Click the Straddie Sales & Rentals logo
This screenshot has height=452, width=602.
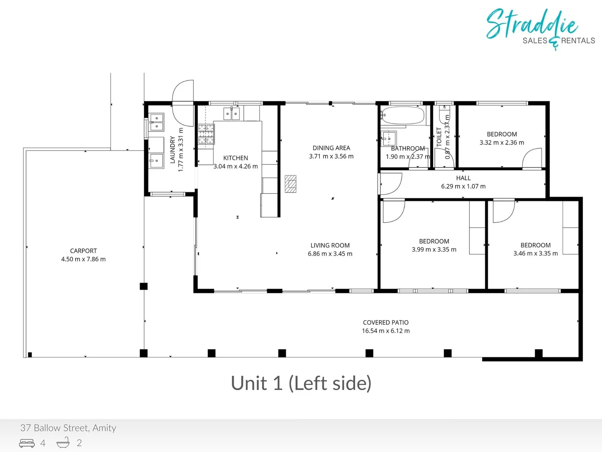[539, 28]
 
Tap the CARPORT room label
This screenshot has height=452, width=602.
[83, 251]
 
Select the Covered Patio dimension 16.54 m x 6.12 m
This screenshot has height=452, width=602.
[385, 331]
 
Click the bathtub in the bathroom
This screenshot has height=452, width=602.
[404, 116]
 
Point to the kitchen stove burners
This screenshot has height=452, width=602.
[206, 134]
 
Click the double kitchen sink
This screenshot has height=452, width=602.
[232, 113]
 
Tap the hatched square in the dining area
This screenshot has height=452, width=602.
[291, 184]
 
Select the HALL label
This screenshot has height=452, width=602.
[463, 178]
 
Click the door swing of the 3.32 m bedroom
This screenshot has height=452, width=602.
[532, 159]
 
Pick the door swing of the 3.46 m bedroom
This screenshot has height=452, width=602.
[503, 211]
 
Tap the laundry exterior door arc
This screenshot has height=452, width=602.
[183, 91]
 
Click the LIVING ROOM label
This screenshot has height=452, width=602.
[330, 245]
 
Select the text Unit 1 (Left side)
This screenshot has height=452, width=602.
[301, 383]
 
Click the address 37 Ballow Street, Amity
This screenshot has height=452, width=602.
[68, 428]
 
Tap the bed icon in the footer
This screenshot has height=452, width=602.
[27, 443]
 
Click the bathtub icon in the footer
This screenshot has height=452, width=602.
[63, 442]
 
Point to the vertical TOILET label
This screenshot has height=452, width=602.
[439, 136]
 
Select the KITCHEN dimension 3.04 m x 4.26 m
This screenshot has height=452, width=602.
[235, 166]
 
